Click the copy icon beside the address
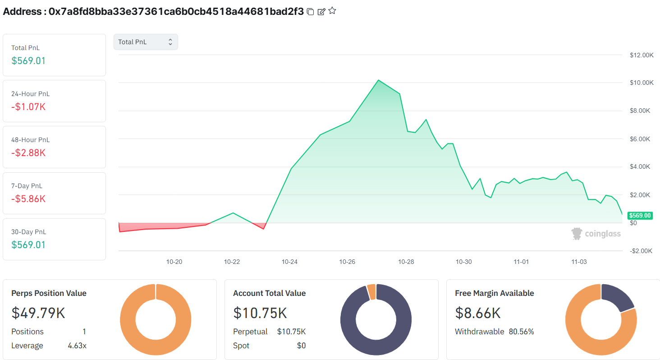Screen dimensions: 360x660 click(310, 12)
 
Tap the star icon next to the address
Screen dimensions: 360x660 click(332, 11)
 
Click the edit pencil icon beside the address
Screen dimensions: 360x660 click(321, 12)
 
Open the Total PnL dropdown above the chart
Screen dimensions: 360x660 click(146, 42)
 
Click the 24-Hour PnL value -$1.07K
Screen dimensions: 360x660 click(28, 107)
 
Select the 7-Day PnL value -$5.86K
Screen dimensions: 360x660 click(28, 199)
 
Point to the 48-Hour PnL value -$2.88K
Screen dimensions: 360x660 click(28, 153)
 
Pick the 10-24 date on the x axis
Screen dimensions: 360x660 click(289, 262)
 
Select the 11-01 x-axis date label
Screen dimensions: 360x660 click(521, 262)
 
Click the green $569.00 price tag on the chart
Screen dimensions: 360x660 click(640, 216)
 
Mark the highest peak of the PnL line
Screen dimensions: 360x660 click(378, 80)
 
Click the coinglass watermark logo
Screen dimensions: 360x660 click(596, 234)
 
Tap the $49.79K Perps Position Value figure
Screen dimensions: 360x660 click(38, 313)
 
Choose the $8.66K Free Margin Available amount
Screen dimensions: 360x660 click(478, 313)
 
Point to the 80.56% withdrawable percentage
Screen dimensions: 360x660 click(521, 332)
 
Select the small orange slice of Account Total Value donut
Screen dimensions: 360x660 click(371, 292)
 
